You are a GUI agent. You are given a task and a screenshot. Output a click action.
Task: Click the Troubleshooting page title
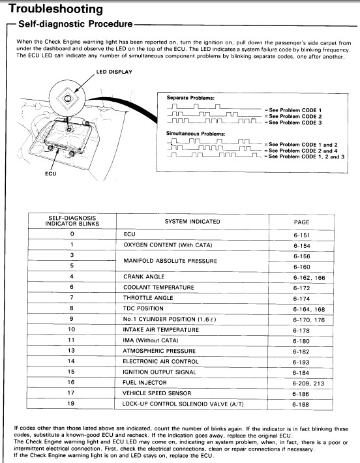point(56,9)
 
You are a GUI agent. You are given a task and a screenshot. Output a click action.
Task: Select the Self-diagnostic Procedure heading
point(75,24)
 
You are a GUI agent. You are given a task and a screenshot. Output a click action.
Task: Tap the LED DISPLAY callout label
point(114,72)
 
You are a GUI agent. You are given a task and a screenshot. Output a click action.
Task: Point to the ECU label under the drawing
point(50,173)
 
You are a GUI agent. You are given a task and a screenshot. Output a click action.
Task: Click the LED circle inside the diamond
point(67,98)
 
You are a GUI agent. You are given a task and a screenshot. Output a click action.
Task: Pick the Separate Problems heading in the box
point(190,98)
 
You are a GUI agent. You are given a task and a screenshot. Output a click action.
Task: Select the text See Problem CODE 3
point(295,123)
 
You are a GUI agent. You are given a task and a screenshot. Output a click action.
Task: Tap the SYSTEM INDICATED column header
point(192,222)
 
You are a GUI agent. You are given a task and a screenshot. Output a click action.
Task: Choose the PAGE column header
point(301,222)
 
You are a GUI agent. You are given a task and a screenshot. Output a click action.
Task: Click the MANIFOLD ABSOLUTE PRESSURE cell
point(170,261)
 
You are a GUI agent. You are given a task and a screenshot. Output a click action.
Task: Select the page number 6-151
point(302,235)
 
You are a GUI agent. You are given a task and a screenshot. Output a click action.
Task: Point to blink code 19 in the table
point(71,404)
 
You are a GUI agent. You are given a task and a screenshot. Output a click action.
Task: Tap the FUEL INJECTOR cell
point(145,383)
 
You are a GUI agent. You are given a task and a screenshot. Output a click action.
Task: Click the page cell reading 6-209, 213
point(308,383)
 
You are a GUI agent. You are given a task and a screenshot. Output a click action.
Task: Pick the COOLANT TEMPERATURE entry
point(159,288)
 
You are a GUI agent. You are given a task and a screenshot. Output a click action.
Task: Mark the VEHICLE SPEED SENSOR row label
point(157,393)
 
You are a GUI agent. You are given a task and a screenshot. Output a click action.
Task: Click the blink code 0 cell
point(72,234)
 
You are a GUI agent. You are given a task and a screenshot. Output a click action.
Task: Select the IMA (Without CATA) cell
point(151,340)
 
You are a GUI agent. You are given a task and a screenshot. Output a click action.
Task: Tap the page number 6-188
point(301,404)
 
